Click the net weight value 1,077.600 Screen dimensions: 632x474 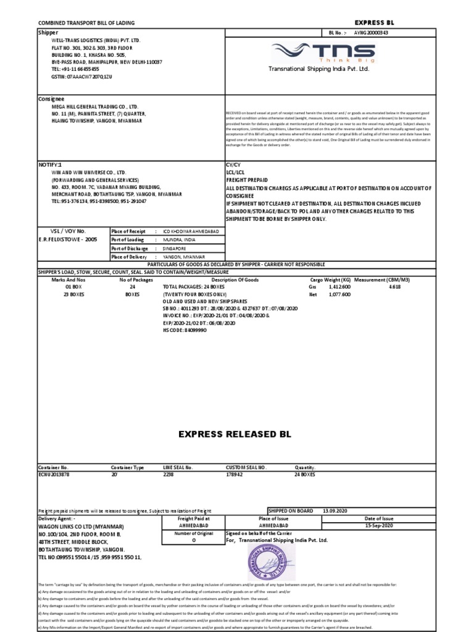[338, 294]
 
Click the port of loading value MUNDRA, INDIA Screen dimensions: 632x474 [178, 239]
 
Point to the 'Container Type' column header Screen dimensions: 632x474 [127, 468]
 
